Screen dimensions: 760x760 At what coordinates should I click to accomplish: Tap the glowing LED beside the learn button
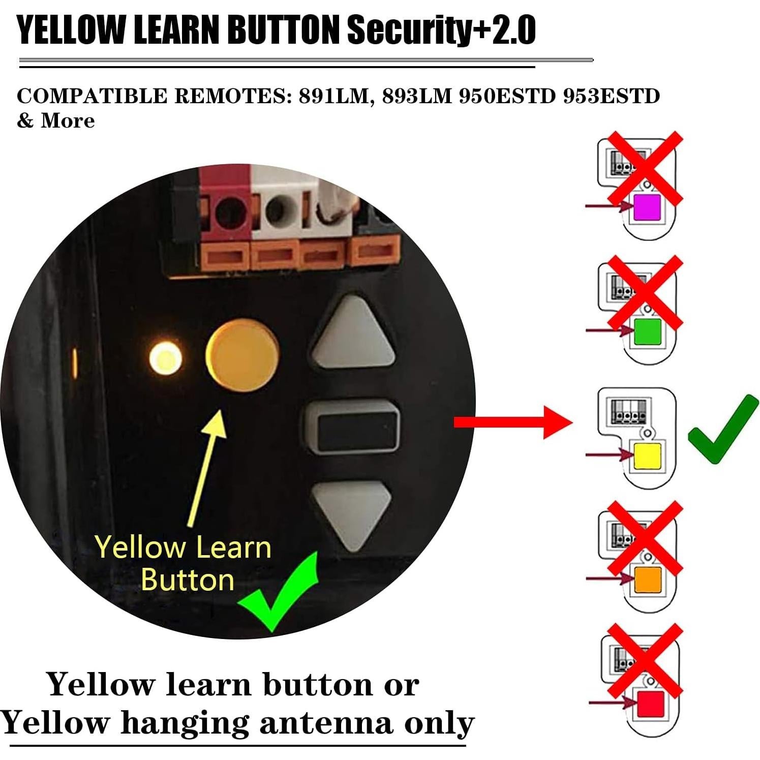tap(165, 358)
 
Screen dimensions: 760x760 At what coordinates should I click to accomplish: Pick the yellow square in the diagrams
tap(647, 455)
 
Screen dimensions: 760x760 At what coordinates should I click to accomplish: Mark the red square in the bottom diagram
tap(651, 704)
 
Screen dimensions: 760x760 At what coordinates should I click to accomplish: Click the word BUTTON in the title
tap(283, 31)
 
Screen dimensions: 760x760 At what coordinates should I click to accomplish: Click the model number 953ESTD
tap(611, 96)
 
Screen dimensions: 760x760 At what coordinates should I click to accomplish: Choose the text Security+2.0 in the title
tap(441, 31)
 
